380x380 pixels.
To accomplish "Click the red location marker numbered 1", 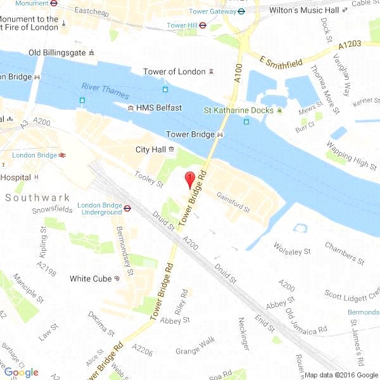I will pyautogui.click(x=188, y=179).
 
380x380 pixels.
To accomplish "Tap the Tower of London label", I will pyautogui.click(x=174, y=72).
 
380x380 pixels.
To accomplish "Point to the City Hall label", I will pyautogui.click(x=150, y=150).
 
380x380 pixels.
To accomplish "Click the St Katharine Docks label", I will pyautogui.click(x=238, y=110).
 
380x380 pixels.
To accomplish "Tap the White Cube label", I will pyautogui.click(x=91, y=279).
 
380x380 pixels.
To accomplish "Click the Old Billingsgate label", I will pyautogui.click(x=56, y=52).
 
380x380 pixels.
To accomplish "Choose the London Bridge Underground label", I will pyautogui.click(x=99, y=208).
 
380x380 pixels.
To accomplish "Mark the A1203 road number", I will pyautogui.click(x=350, y=44).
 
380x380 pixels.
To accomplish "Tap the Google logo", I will pyautogui.click(x=22, y=372).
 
